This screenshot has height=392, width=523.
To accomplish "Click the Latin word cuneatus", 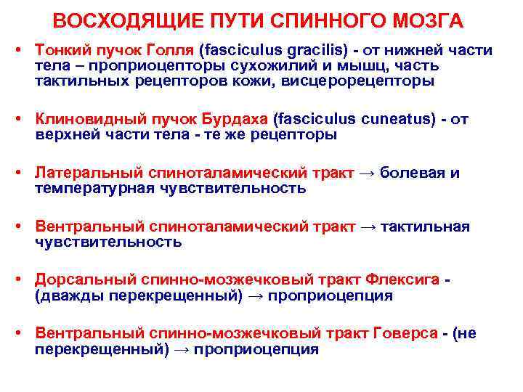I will pyautogui.click(x=392, y=120).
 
